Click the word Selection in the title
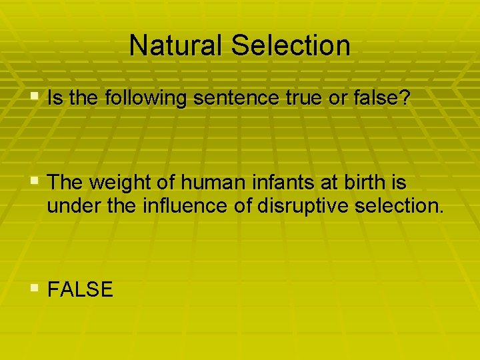290,45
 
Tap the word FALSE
81,289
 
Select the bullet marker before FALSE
35,288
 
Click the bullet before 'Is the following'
35,97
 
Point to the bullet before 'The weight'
35,180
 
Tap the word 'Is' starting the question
55,98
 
